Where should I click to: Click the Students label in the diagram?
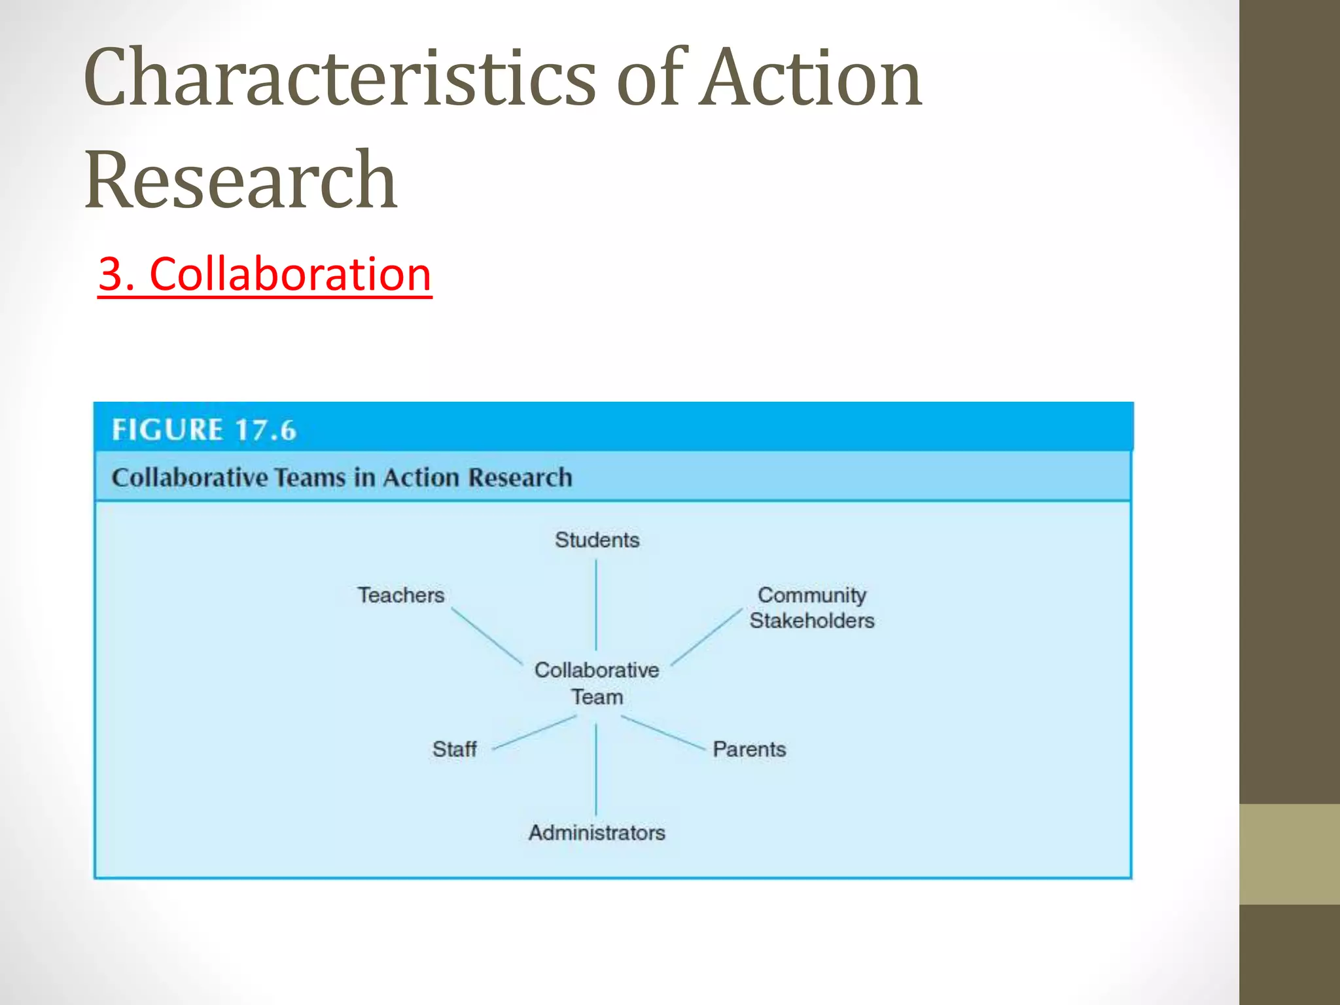(597, 540)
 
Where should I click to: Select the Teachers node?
(400, 595)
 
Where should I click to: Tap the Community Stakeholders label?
(811, 607)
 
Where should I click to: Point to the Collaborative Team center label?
(597, 683)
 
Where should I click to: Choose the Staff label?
(454, 749)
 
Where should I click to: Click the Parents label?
(749, 749)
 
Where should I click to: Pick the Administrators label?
(597, 833)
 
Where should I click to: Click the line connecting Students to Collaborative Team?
(596, 605)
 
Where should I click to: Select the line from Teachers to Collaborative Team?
(487, 636)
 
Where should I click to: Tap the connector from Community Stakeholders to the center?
(707, 636)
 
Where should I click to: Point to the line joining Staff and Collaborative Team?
(534, 732)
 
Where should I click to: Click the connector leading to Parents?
(662, 732)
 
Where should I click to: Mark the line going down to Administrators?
(596, 769)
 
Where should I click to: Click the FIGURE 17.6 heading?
(204, 430)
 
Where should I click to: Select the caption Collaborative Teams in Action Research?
(342, 478)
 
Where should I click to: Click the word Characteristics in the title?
(340, 79)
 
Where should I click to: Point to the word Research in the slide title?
(241, 180)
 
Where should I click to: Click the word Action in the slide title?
(811, 79)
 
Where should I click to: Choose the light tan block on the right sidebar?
(1290, 854)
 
